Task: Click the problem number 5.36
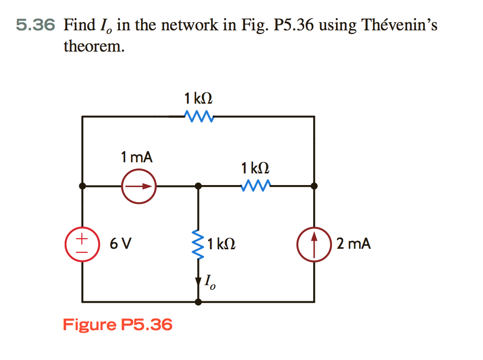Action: [x=34, y=24]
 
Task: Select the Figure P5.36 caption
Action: [x=117, y=324]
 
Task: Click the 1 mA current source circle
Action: [x=138, y=186]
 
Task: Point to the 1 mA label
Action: [x=136, y=157]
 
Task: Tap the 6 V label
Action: [x=121, y=244]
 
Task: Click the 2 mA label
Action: [x=354, y=244]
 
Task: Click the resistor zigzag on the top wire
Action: [x=199, y=117]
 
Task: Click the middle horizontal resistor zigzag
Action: [x=257, y=187]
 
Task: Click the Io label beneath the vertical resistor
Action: [x=210, y=283]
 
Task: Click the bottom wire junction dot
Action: [x=199, y=302]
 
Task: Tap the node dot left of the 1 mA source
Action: [x=83, y=186]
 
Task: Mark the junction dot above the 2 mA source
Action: [x=314, y=186]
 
